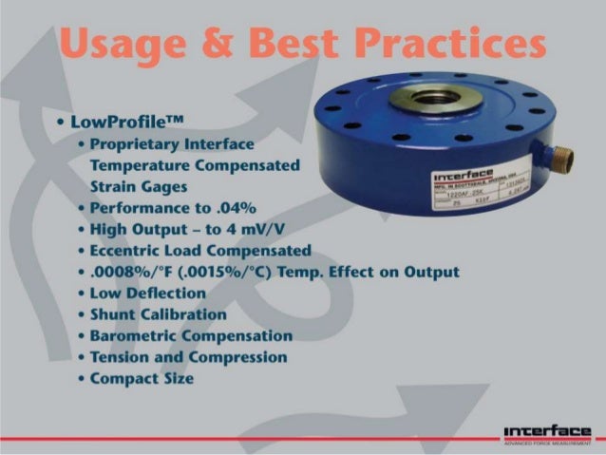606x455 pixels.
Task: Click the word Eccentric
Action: point(134,251)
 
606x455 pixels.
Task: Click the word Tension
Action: point(119,357)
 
